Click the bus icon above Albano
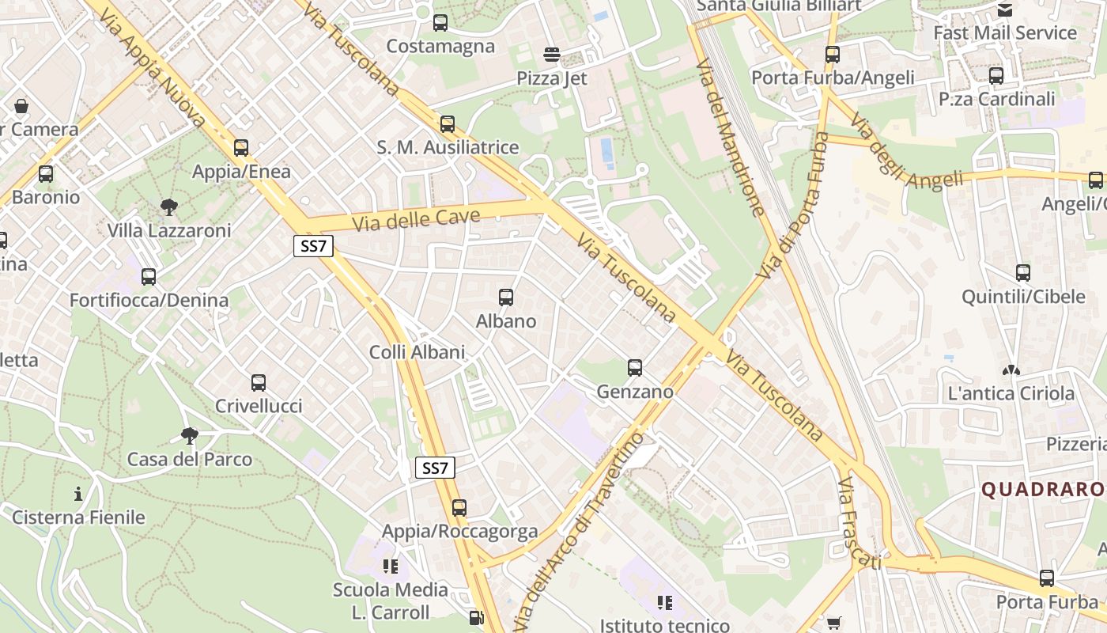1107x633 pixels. (506, 298)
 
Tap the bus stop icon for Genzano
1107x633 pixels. (635, 367)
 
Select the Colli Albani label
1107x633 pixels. (417, 352)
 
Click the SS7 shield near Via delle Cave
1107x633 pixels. (313, 246)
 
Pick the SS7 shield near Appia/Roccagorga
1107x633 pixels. (435, 468)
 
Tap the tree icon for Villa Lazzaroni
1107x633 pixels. (168, 207)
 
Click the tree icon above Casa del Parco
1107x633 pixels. (189, 435)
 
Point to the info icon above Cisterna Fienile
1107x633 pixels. (77, 495)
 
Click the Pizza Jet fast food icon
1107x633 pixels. (552, 55)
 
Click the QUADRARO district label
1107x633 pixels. (1042, 490)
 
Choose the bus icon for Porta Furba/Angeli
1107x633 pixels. (833, 55)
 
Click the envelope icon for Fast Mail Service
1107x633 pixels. (1005, 10)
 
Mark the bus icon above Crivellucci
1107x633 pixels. (259, 383)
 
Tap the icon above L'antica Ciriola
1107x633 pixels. (1011, 370)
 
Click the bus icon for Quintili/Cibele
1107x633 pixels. (1023, 274)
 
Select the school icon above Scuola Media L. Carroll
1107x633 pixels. (390, 566)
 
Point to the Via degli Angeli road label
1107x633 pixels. (906, 150)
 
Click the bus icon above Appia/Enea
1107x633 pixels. (241, 148)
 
